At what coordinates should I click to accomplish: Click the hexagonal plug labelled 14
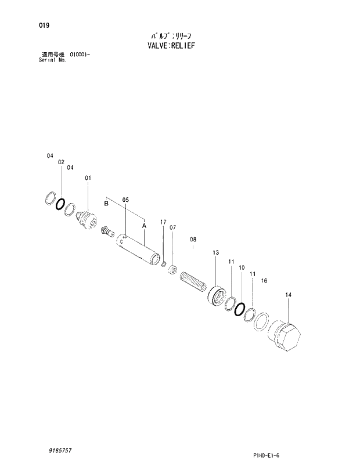pos(287,336)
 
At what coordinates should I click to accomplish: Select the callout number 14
pos(289,295)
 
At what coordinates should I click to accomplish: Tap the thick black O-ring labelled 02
pos(60,204)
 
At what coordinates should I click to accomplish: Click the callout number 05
pos(125,200)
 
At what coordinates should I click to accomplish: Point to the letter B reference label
pos(106,204)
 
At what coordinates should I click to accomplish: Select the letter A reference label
pos(144,225)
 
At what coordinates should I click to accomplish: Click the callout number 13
pos(215,252)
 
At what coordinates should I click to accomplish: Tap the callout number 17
pos(163,222)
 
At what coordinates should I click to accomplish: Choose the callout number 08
pos(193,239)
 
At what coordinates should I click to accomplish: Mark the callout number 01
pos(88,178)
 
